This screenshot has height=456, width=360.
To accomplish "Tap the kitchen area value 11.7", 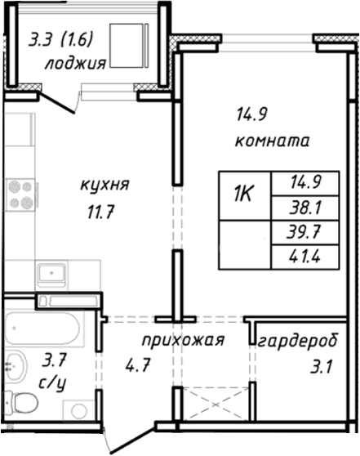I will [100, 212].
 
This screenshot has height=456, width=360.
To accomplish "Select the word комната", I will [272, 141].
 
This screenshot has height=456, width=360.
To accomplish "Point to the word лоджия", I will [74, 65].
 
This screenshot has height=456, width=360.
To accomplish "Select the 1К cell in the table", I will [242, 196].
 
